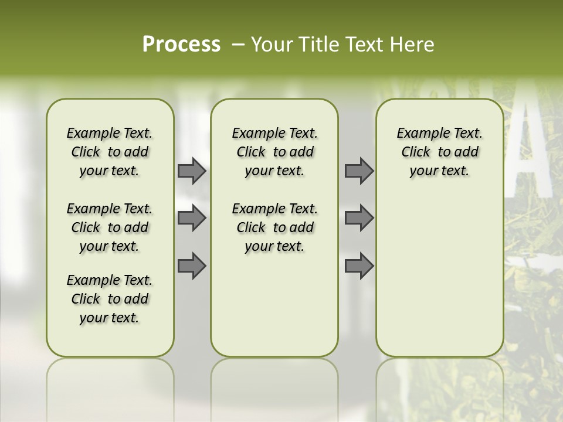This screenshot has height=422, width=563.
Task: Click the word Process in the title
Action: (181, 45)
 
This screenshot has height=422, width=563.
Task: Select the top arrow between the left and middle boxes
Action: (192, 171)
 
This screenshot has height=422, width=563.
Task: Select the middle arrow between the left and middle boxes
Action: (192, 218)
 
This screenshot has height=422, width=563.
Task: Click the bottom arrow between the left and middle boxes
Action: (192, 266)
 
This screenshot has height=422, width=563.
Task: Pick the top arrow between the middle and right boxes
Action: (359, 171)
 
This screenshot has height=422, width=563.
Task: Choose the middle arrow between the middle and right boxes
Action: (359, 218)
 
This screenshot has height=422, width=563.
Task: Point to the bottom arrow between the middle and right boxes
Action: (359, 266)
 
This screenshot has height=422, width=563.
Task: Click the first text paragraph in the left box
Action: (110, 152)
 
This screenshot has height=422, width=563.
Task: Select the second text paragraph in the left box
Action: (110, 227)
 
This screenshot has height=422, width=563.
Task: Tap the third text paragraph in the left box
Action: (110, 299)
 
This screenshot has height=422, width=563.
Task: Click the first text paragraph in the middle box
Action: (274, 152)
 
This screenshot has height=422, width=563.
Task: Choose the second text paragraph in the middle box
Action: (274, 227)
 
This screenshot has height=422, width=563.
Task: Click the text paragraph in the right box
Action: (439, 152)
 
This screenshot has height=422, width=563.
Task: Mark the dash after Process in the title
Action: (238, 45)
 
